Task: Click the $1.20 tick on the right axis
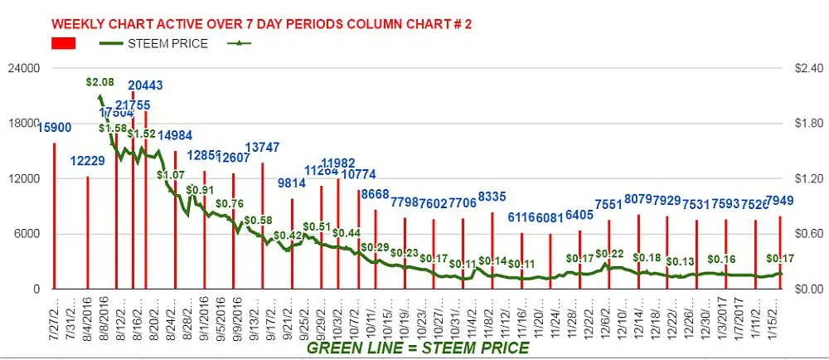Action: click(807, 179)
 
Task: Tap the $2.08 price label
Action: click(100, 82)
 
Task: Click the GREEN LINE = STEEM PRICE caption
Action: click(418, 348)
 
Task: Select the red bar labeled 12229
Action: click(87, 232)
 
